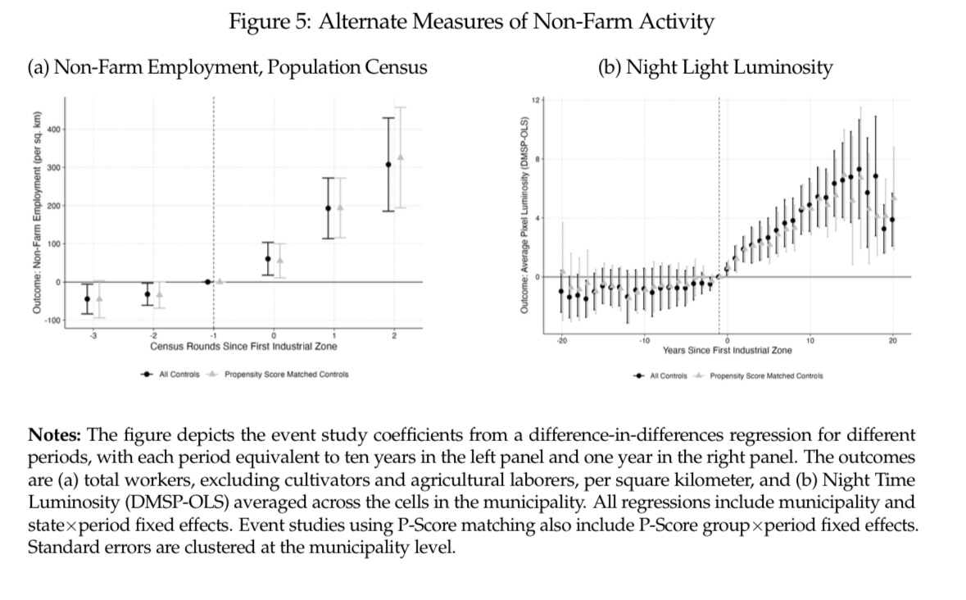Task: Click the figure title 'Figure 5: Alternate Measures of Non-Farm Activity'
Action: (x=470, y=22)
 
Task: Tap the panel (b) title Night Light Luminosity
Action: (x=716, y=67)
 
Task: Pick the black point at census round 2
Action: (x=388, y=164)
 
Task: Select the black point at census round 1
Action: (x=329, y=207)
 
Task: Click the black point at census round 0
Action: (x=268, y=259)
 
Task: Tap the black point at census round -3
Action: (x=87, y=298)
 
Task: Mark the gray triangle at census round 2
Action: (x=401, y=157)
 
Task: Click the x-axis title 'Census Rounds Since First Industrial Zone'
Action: (x=243, y=347)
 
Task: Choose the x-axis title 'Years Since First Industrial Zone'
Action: (x=727, y=350)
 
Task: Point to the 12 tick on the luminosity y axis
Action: (x=533, y=99)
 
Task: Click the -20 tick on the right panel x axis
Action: (x=561, y=340)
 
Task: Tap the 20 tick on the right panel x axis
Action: (x=892, y=340)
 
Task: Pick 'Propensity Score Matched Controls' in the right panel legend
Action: (x=766, y=376)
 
